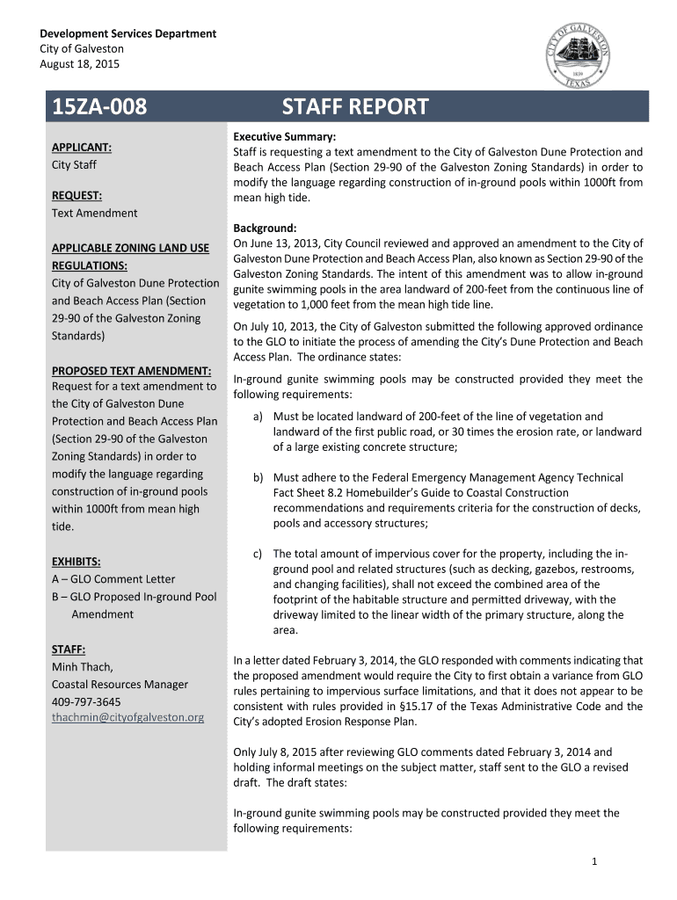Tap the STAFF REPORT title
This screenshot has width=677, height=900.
[x=355, y=107]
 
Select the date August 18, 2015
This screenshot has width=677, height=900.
[x=79, y=64]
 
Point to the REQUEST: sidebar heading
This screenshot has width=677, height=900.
[x=76, y=195]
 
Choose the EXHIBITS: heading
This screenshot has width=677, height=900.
[x=76, y=561]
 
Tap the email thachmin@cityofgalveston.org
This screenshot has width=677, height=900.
[x=127, y=717]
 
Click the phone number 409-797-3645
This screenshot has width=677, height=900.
[x=86, y=701]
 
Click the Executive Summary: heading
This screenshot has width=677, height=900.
[x=284, y=137]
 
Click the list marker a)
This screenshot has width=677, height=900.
[x=258, y=417]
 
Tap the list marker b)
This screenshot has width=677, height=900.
[x=258, y=478]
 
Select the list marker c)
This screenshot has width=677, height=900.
[x=258, y=554]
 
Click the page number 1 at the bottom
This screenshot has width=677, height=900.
[x=594, y=861]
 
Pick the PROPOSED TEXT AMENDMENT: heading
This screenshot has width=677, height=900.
[x=131, y=370]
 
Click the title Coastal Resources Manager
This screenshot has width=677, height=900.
[x=120, y=684]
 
